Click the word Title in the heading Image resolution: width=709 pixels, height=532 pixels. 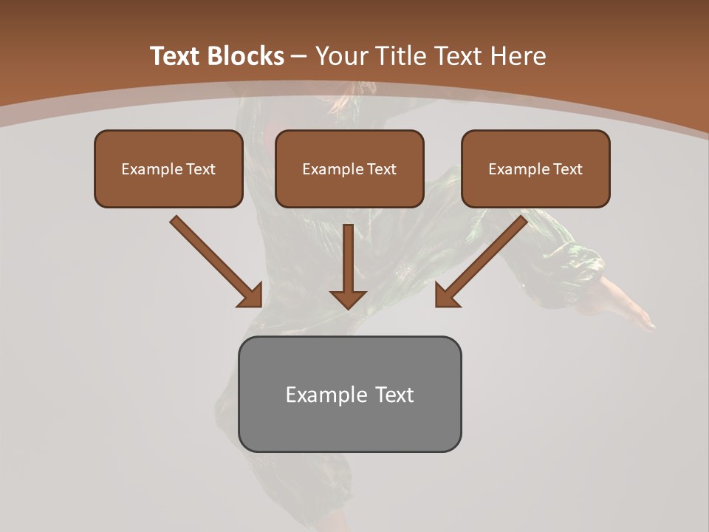[x=401, y=56]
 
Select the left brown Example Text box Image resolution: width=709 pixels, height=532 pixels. [x=168, y=169]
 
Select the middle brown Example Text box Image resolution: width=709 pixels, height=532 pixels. [x=349, y=169]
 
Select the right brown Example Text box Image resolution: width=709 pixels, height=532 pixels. [x=535, y=169]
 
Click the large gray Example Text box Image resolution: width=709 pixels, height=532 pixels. [x=349, y=394]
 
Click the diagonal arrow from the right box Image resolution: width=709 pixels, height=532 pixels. [x=484, y=259]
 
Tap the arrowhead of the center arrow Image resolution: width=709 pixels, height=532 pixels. [x=349, y=299]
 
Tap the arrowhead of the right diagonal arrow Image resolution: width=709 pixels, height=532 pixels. [x=446, y=296]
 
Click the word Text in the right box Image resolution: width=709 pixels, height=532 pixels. [x=566, y=169]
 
